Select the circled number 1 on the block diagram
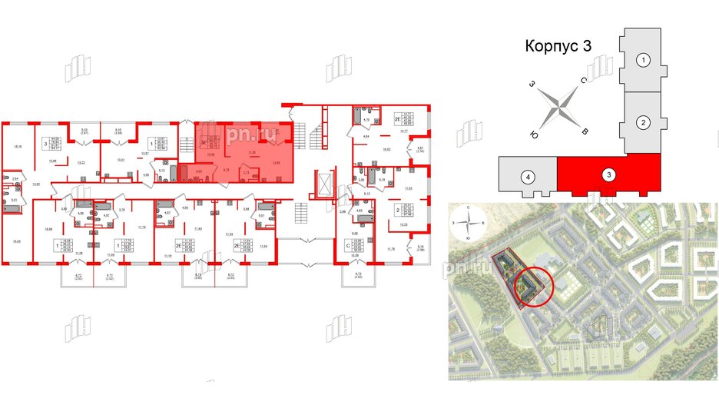pyautogui.click(x=645, y=59)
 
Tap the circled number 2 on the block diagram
pyautogui.click(x=645, y=121)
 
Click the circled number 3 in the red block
pyautogui.click(x=608, y=176)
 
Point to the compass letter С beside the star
pyautogui.click(x=584, y=81)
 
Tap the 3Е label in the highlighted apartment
pyautogui.click(x=203, y=141)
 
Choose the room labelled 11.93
pyautogui.click(x=409, y=188)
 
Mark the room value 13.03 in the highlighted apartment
pyautogui.click(x=277, y=163)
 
